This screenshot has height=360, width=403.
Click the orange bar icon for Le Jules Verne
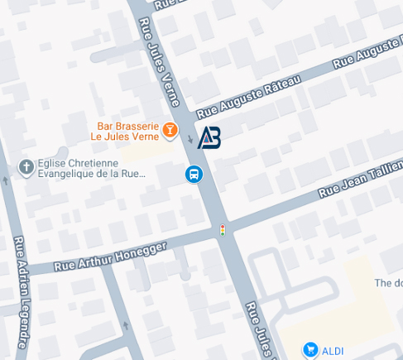170,129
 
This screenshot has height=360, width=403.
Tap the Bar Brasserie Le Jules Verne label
124,130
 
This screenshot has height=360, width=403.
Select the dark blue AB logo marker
209,137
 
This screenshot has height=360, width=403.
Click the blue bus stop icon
194,175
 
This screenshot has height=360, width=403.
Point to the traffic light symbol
222,230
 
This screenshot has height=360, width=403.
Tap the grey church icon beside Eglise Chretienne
26,167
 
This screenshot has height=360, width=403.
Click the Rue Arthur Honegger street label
110,257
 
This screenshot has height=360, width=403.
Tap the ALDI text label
333,351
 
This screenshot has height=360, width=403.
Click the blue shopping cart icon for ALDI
310,350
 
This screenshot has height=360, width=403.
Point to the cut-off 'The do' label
387,283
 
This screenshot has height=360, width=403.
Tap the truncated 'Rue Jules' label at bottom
258,330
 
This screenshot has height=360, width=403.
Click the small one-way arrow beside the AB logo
190,139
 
